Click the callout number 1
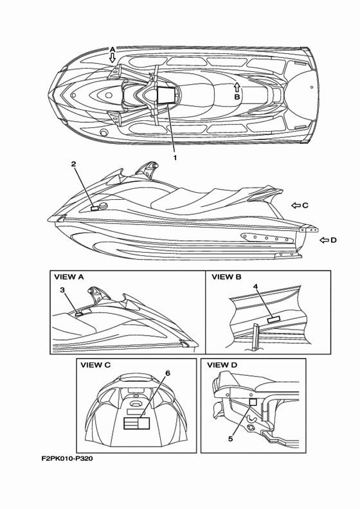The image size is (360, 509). [175, 157]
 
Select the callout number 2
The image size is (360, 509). [74, 164]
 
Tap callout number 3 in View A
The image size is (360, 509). [62, 290]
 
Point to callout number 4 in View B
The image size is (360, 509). [255, 287]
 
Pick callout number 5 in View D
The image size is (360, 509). [231, 439]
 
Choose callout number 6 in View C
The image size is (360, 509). [168, 373]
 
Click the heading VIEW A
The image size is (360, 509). [69, 277]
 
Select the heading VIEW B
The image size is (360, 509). [226, 277]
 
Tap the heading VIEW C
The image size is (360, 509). [95, 365]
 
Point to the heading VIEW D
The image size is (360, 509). [222, 365]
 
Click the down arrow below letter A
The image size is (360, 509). [113, 58]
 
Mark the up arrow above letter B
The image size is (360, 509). [237, 87]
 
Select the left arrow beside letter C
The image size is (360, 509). [296, 205]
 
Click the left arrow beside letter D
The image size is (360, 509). [324, 240]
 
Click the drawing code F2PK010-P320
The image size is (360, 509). [67, 459]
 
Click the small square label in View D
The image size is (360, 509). [253, 402]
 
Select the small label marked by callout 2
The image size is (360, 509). [94, 208]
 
